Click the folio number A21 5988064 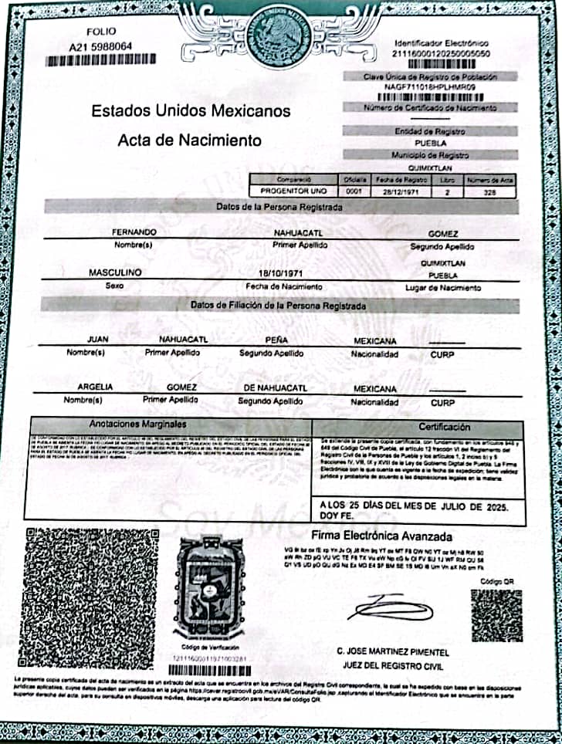[x=100, y=46]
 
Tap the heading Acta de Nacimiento [x=189, y=140]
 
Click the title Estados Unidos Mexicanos [x=191, y=110]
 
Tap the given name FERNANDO [x=135, y=232]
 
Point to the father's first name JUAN [x=98, y=340]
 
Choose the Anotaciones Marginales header [x=137, y=425]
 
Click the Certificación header [x=444, y=427]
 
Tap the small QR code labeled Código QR [x=496, y=615]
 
